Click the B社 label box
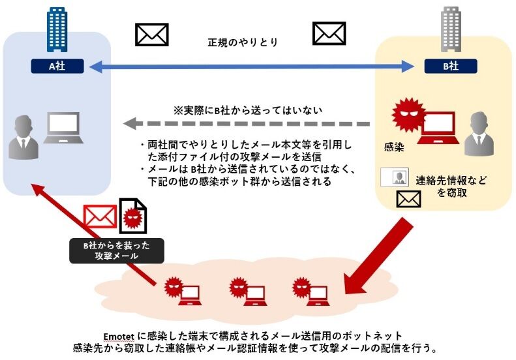click(450, 66)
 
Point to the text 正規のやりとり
click(241, 42)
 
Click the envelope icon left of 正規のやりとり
click(151, 34)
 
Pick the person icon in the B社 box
click(479, 133)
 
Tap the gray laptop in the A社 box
click(63, 128)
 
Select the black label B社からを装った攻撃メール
click(117, 250)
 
